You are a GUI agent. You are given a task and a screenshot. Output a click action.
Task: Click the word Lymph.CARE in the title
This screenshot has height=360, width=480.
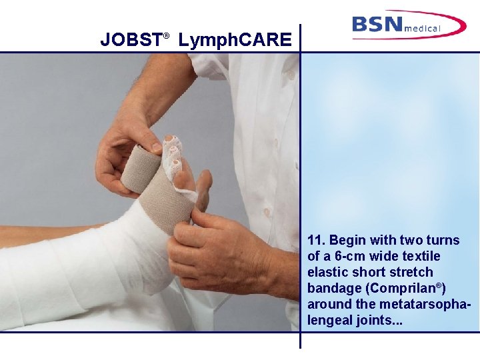235,41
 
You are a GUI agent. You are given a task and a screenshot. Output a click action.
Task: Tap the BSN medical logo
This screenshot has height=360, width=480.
409,25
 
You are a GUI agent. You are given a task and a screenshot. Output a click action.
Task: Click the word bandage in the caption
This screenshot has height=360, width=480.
331,288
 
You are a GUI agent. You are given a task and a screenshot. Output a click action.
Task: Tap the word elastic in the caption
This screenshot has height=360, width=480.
327,272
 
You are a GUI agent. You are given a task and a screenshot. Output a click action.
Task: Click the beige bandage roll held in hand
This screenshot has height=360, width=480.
141,167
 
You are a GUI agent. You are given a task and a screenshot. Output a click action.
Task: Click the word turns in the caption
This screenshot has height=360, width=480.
443,240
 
